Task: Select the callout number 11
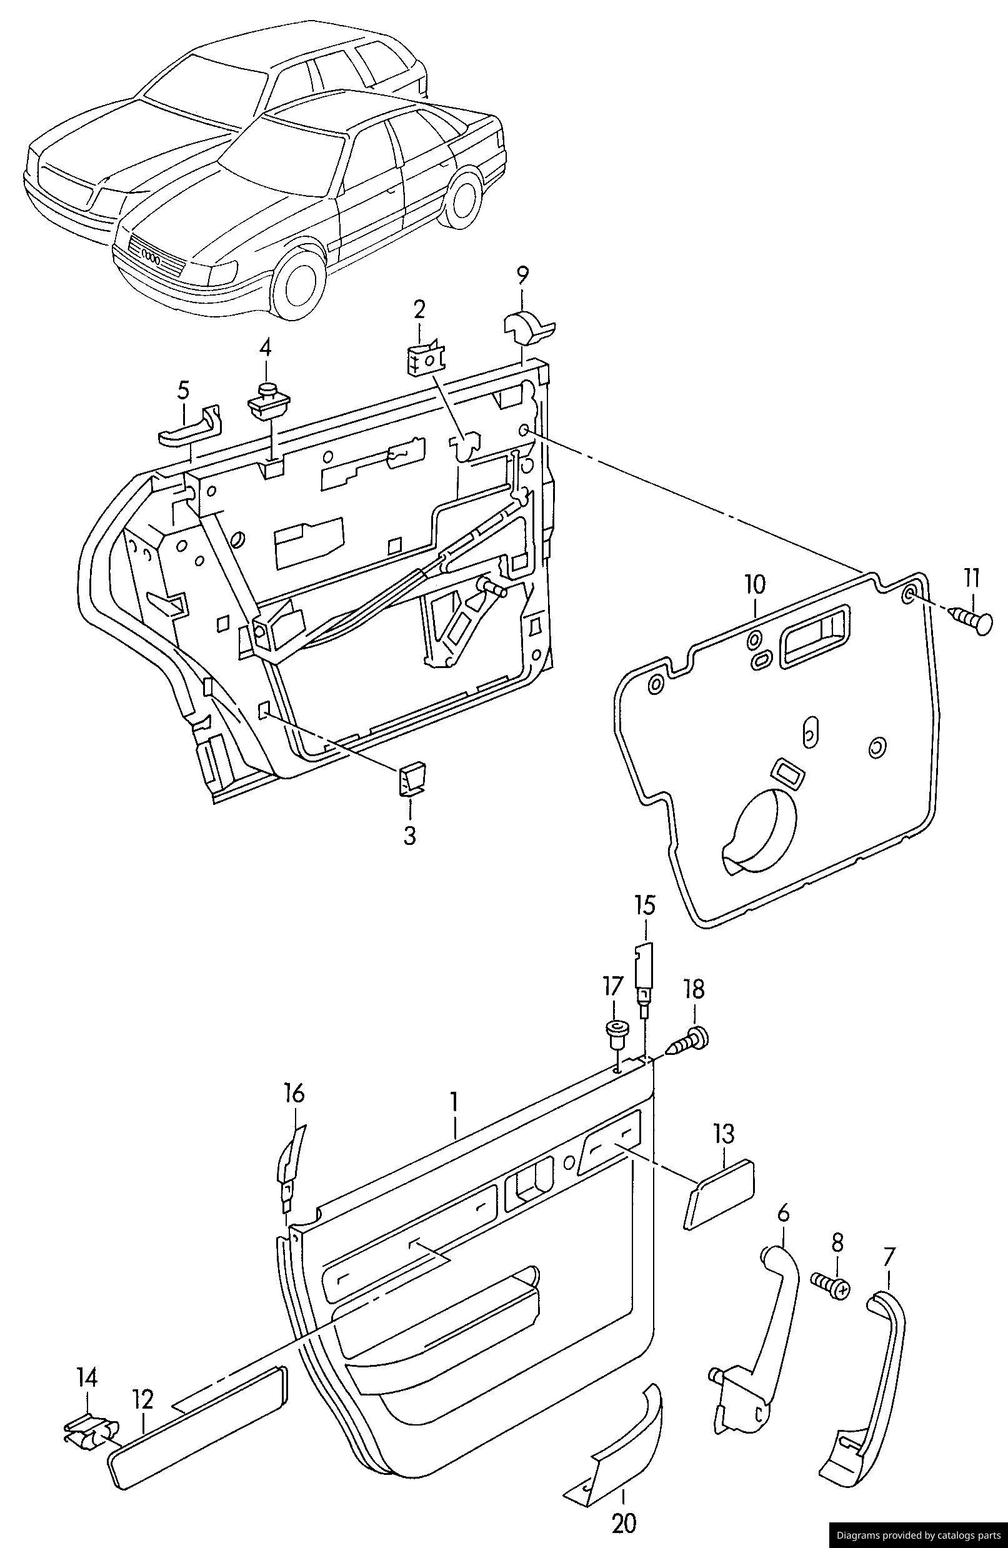972,577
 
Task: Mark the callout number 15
644,906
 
